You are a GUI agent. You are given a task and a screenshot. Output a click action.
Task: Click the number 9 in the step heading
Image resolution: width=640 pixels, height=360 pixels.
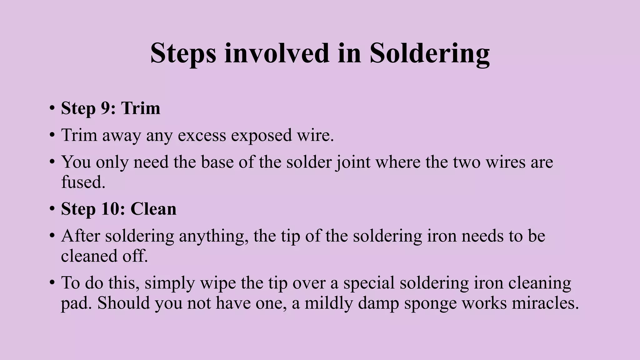(105, 108)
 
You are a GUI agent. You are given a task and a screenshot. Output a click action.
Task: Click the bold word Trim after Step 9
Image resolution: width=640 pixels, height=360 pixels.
(141, 108)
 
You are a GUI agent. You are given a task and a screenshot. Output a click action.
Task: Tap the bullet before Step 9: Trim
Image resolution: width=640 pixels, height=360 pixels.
(52, 108)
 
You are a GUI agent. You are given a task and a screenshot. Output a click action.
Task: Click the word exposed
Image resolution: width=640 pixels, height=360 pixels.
(261, 136)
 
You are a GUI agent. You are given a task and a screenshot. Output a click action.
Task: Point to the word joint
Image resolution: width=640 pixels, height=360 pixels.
(353, 162)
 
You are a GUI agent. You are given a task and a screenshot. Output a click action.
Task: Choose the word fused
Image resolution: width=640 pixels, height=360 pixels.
(83, 182)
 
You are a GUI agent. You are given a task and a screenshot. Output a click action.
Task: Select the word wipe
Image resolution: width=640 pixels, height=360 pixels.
(218, 283)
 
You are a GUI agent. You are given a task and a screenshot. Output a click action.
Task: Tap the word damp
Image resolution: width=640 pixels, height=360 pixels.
(378, 303)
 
